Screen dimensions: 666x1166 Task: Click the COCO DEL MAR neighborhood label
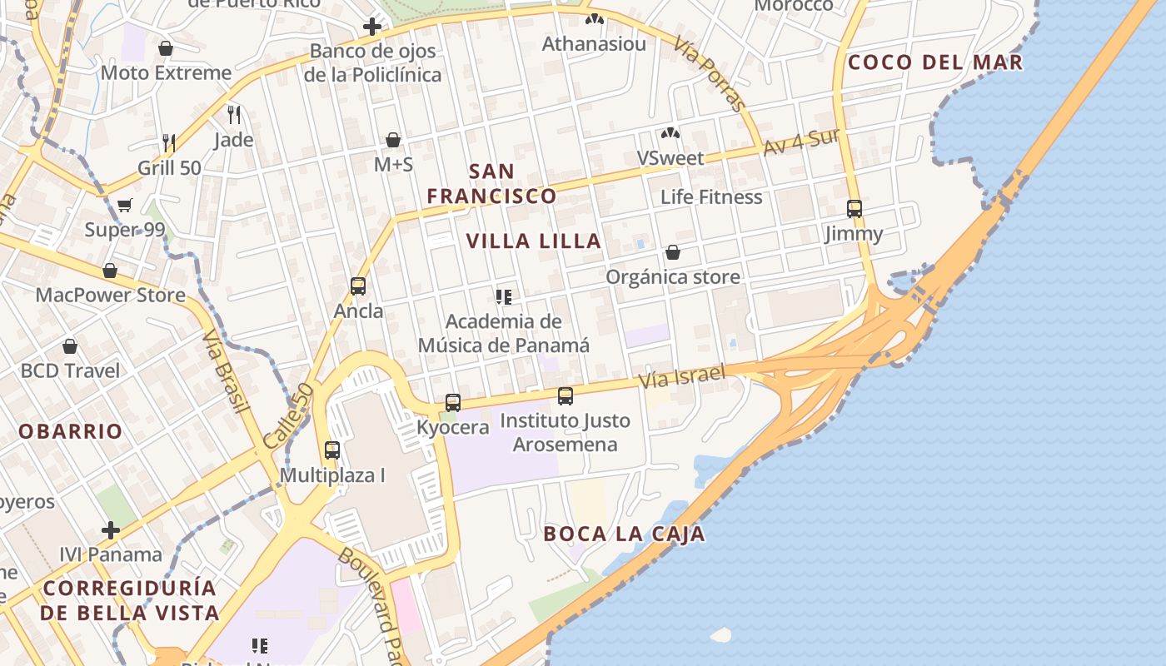934,62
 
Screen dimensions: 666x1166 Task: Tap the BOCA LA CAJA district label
624,534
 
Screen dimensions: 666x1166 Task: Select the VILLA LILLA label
533,241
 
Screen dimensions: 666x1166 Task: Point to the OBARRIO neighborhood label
71,431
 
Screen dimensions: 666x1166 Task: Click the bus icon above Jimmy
854,208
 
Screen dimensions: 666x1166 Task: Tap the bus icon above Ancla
358,286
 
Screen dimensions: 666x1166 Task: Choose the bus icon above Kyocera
452,402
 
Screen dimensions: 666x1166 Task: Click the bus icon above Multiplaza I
331,450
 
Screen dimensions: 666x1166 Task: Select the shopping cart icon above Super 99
124,205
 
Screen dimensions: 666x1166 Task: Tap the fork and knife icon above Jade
234,114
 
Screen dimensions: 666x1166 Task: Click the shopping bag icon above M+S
393,140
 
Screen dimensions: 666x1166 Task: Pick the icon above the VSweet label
670,133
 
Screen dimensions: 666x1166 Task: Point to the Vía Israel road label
682,375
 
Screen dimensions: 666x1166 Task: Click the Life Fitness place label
711,197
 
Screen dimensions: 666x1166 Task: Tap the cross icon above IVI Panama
111,529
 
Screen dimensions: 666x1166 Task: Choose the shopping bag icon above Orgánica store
672,252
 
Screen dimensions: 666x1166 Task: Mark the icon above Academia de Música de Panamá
503,296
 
